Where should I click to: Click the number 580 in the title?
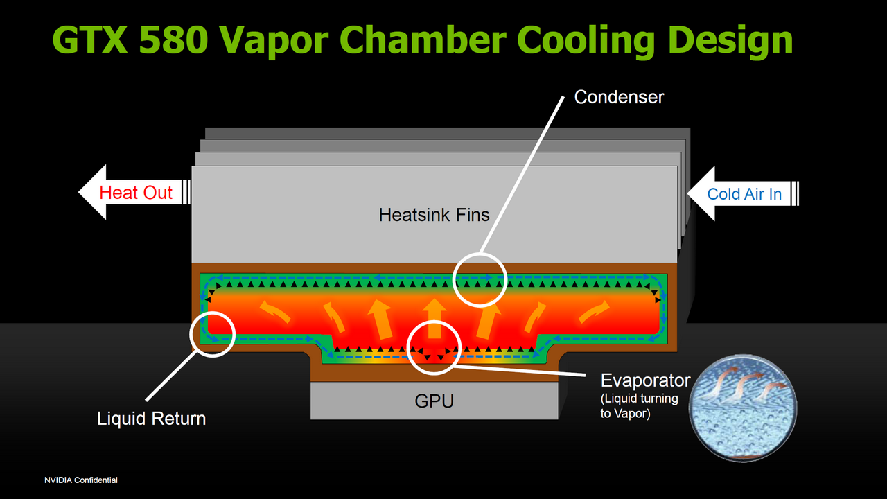173,40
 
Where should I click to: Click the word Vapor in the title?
274,42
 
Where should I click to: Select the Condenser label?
619,97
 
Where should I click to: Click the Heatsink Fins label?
434,215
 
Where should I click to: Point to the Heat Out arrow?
134,192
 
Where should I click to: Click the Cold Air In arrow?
743,193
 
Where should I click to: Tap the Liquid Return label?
151,419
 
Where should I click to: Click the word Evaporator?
645,380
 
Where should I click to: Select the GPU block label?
434,401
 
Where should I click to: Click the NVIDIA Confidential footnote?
81,480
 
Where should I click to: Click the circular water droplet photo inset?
743,408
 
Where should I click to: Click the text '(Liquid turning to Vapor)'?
639,406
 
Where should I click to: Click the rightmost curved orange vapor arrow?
594,311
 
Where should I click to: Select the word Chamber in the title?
423,40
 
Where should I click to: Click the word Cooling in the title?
587,42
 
